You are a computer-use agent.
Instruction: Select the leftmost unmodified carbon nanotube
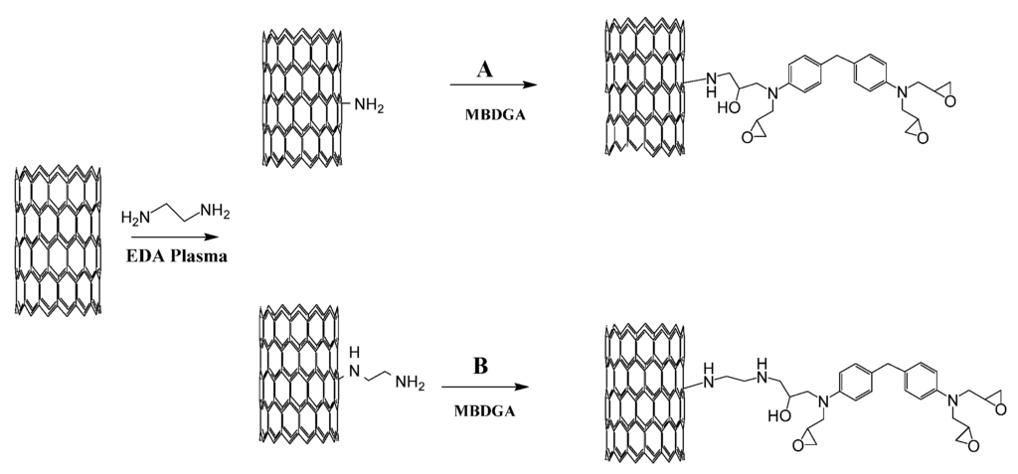58,238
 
